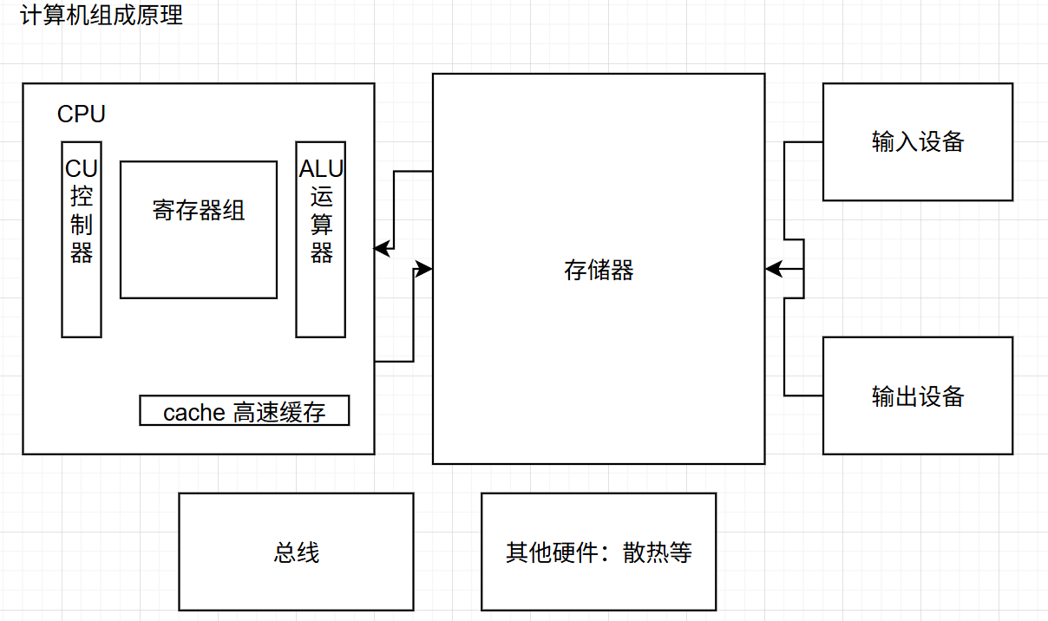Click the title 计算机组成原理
(x=102, y=16)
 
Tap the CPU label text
(x=82, y=114)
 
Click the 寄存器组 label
(x=199, y=211)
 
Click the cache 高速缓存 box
(x=244, y=411)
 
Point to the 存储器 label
(x=599, y=270)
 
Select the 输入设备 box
(x=917, y=141)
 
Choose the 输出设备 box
(x=917, y=395)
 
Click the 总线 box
(x=296, y=552)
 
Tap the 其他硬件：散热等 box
(x=599, y=552)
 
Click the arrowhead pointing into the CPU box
(x=381, y=249)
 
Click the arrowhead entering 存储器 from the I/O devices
(x=773, y=270)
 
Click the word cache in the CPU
(x=194, y=413)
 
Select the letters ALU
(x=321, y=169)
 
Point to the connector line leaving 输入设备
(x=803, y=142)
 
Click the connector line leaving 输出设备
(x=803, y=395)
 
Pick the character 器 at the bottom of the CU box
(x=82, y=253)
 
